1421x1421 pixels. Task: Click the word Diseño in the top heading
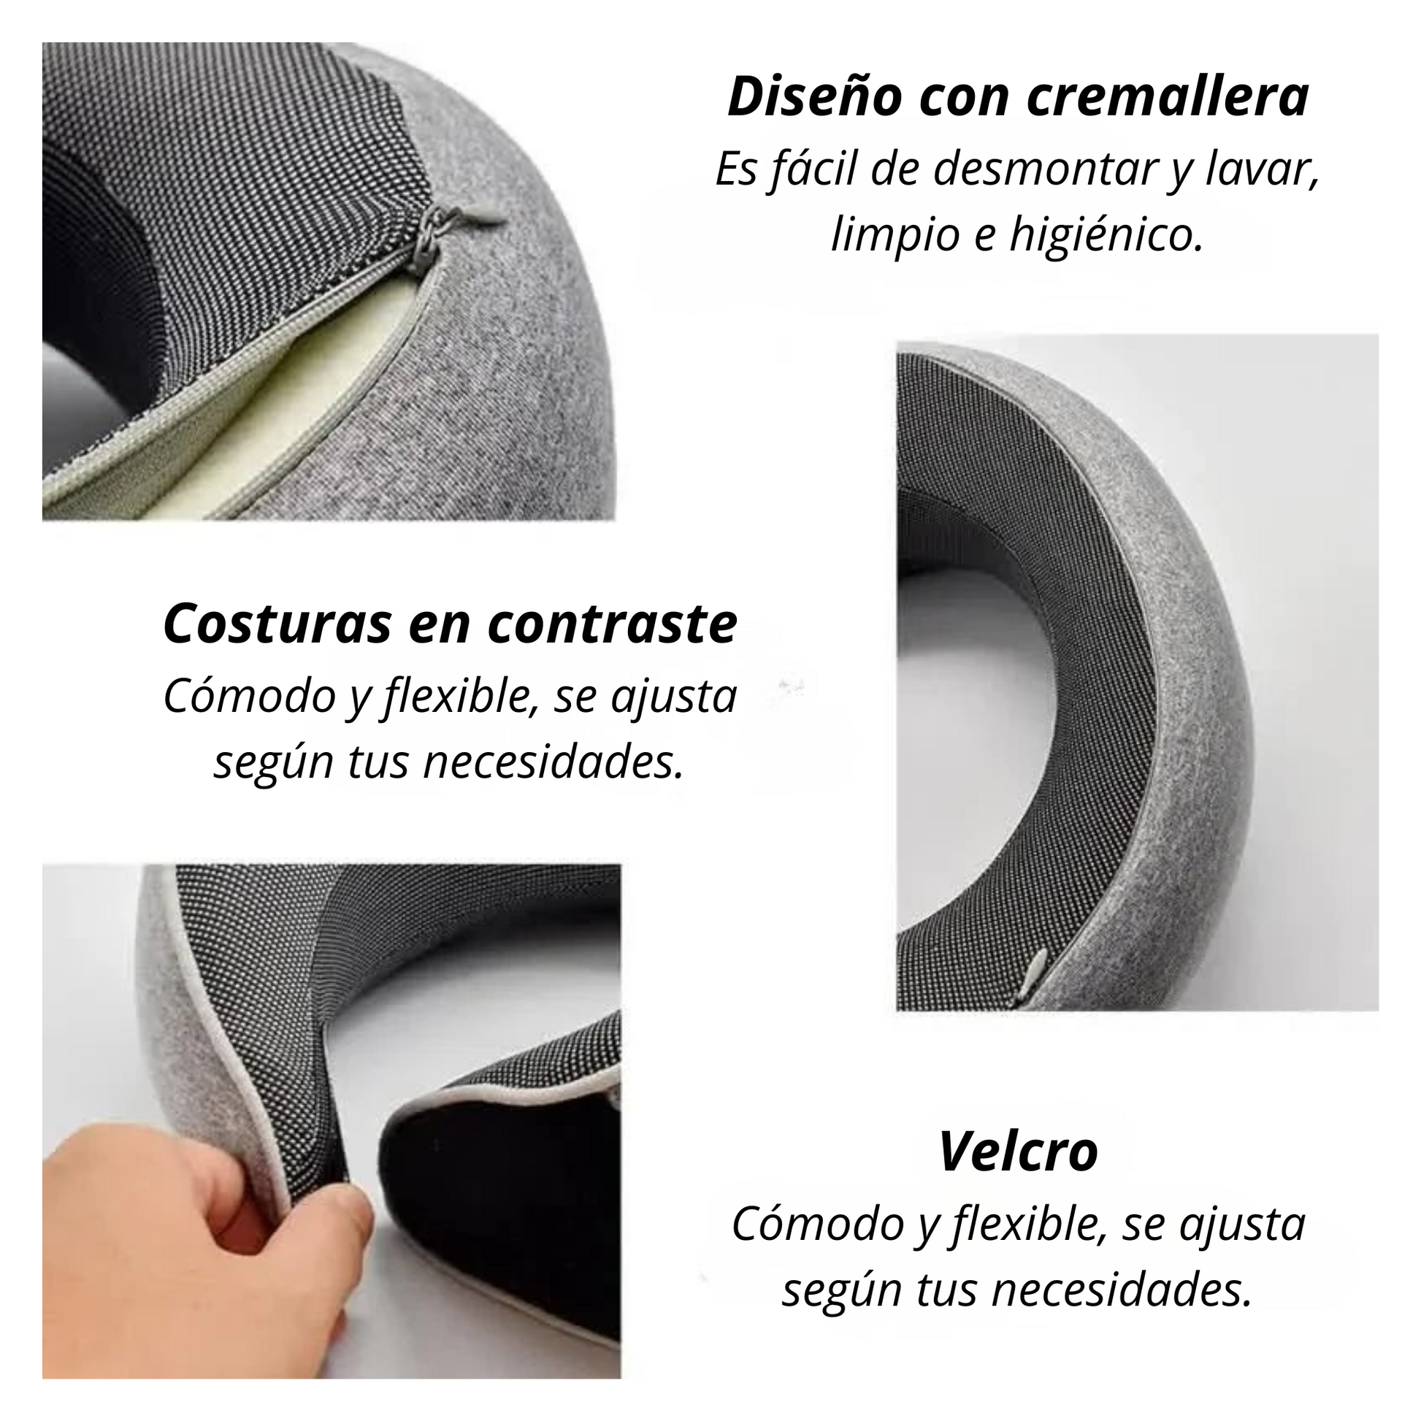click(x=814, y=97)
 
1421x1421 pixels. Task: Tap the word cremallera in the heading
click(x=1170, y=97)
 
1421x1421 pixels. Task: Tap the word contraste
click(x=612, y=624)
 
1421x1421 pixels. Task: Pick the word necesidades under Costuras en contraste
click(x=553, y=763)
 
